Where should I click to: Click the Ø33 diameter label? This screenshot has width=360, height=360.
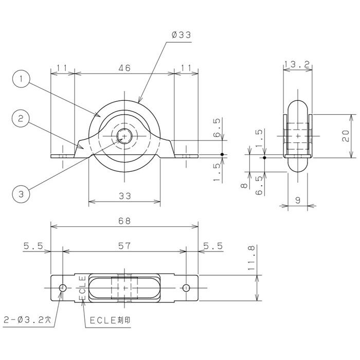(x=180, y=35)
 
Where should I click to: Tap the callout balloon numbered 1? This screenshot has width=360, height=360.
(x=21, y=80)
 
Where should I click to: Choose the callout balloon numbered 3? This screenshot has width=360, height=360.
(x=21, y=194)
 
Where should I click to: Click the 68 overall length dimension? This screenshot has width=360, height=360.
(x=124, y=221)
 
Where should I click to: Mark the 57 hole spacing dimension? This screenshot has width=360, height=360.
(x=124, y=246)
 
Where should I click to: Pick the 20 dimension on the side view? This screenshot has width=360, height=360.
(x=347, y=135)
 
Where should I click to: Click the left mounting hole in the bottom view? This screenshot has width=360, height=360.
(x=63, y=288)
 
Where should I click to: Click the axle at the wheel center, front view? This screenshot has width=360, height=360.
(x=124, y=136)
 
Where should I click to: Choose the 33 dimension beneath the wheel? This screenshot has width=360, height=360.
(x=124, y=195)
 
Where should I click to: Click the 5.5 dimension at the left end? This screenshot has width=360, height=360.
(x=33, y=246)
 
